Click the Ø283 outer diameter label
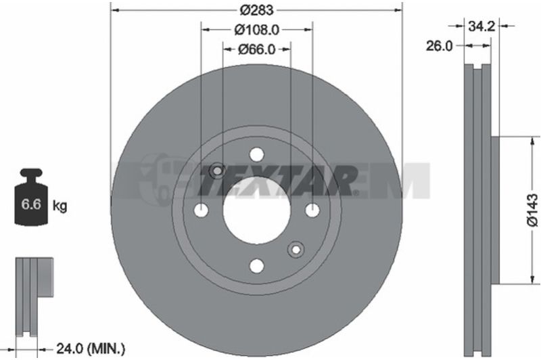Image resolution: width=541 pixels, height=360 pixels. (257, 9)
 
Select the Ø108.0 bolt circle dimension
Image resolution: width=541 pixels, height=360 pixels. (257, 30)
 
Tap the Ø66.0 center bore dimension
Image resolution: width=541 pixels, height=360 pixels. (257, 49)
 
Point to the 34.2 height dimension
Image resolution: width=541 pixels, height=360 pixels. (481, 26)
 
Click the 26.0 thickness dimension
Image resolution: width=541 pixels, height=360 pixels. (439, 46)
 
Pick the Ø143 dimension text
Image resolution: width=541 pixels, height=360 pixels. (532, 210)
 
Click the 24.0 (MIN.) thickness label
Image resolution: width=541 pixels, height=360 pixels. (91, 349)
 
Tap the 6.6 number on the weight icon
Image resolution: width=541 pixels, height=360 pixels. (31, 204)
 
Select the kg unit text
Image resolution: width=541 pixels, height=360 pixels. (60, 206)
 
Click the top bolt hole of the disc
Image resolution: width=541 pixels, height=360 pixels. (257, 154)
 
